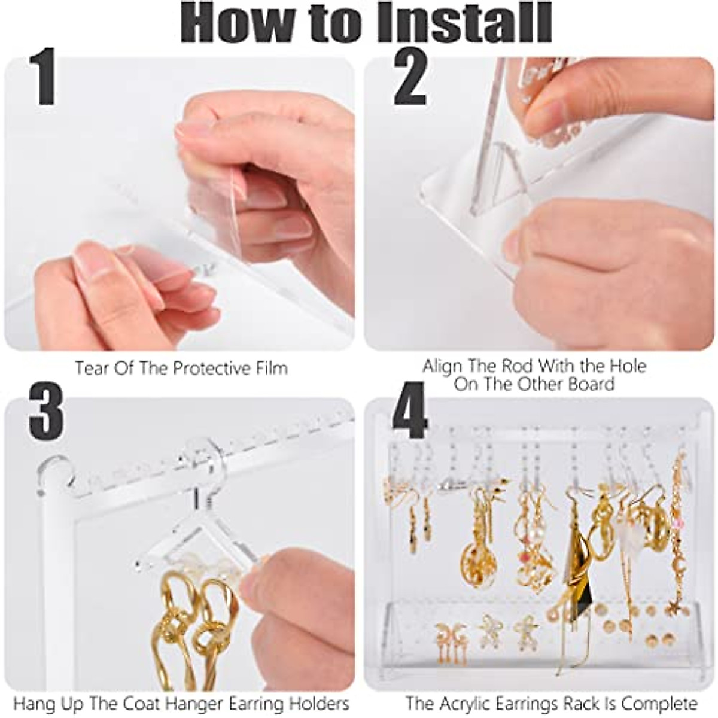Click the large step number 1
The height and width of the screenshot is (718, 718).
pos(43,77)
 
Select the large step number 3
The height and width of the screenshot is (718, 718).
pos(46,411)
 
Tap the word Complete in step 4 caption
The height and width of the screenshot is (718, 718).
pos(659,694)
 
